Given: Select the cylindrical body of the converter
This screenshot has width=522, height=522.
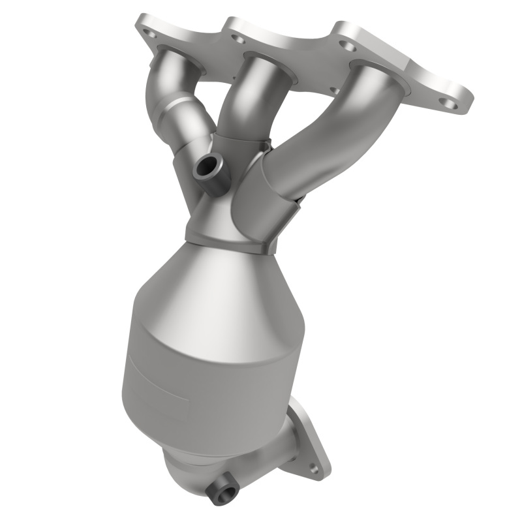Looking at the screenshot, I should [x=196, y=372].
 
